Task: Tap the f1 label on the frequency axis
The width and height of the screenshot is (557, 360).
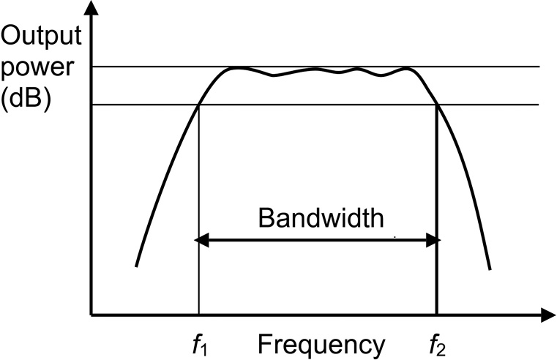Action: (x=199, y=342)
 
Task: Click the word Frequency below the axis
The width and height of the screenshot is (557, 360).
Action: (x=321, y=343)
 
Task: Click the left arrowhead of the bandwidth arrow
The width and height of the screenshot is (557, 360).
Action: (x=197, y=239)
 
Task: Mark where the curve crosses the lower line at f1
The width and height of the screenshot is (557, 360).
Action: (x=199, y=105)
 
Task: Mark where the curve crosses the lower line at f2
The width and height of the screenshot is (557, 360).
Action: (x=438, y=105)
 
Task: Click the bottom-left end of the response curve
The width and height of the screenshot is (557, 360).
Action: (x=136, y=266)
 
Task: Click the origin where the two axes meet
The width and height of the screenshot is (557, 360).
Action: (x=91, y=316)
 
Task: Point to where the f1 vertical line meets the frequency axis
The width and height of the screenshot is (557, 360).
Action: (x=199, y=316)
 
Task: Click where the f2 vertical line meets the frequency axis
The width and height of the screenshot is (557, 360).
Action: (x=438, y=316)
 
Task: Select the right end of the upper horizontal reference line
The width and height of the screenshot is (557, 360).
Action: (x=539, y=67)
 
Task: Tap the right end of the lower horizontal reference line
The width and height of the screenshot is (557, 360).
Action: (x=539, y=105)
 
